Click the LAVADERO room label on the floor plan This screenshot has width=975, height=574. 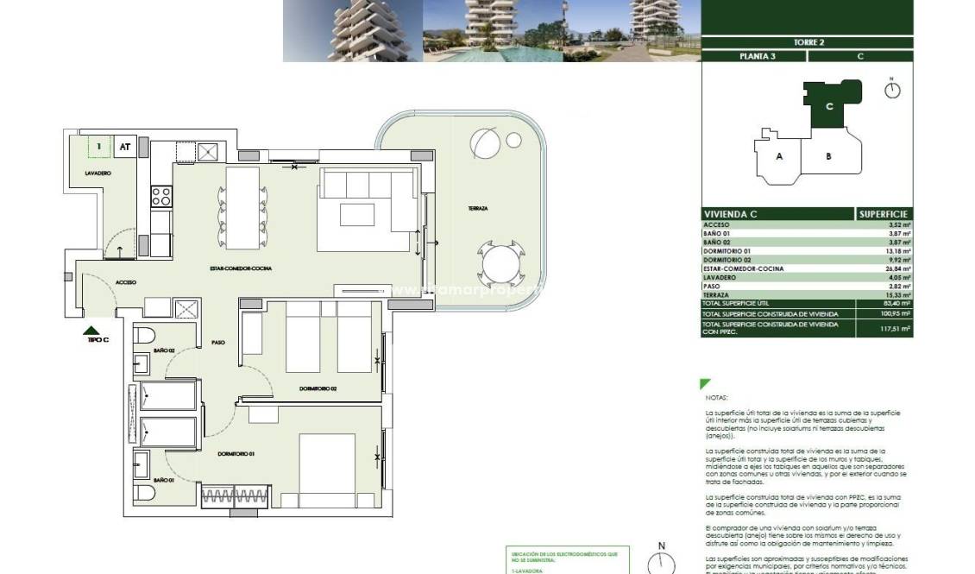97,173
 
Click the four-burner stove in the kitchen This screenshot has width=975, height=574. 161,196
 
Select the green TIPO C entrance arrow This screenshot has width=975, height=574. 91,330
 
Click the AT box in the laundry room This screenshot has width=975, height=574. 125,148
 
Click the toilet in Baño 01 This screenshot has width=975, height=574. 143,492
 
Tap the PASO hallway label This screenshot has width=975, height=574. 218,343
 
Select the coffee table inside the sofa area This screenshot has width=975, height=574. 356,212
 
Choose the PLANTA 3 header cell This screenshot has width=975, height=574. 754,56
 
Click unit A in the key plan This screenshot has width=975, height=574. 779,156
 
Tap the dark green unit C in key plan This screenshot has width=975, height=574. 829,105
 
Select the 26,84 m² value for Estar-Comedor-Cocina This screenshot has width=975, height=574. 896,268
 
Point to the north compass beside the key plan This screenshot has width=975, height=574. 892,89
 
